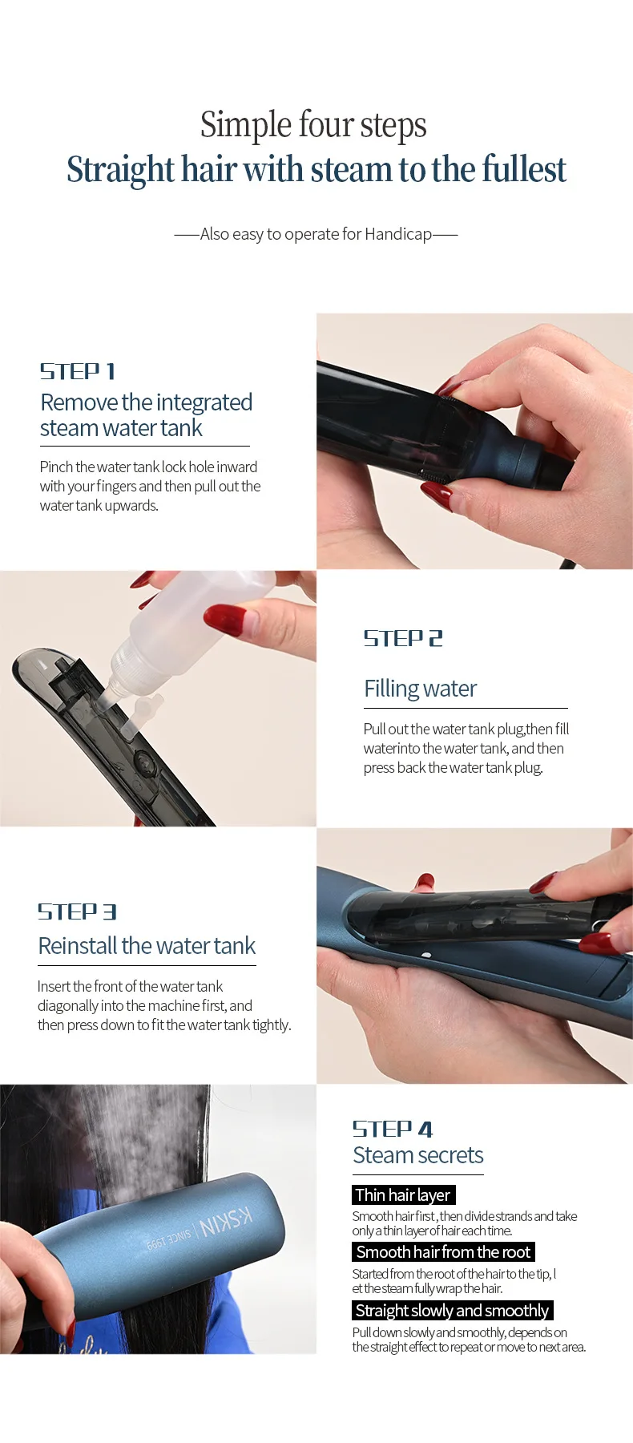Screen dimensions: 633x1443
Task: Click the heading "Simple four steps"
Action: (x=313, y=126)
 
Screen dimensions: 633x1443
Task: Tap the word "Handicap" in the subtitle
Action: (x=398, y=234)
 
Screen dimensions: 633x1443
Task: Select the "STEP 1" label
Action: (x=78, y=371)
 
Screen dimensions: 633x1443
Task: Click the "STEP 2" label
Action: (x=403, y=638)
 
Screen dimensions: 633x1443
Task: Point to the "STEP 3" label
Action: (x=77, y=911)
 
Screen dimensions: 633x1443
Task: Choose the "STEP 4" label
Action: (x=393, y=1129)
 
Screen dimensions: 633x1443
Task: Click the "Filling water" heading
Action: (x=420, y=689)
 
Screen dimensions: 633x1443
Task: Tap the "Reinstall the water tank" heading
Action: (x=147, y=946)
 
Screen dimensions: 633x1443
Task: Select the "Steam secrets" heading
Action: (x=418, y=1155)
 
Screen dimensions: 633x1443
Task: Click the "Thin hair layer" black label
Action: (x=404, y=1194)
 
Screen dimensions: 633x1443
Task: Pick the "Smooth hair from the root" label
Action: (x=443, y=1252)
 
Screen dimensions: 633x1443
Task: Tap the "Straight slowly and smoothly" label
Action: (x=453, y=1310)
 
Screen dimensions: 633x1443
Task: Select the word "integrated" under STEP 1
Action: (x=204, y=402)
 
